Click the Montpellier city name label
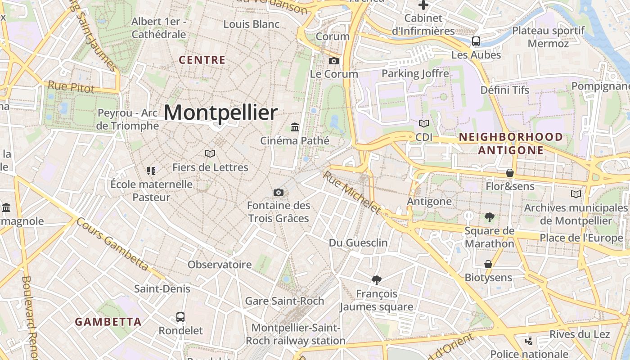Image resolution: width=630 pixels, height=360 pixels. (x=220, y=112)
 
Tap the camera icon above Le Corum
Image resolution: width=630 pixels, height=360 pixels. (x=333, y=61)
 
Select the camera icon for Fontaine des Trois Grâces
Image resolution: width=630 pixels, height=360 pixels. (x=279, y=193)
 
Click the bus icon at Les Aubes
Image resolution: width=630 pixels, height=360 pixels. (x=476, y=42)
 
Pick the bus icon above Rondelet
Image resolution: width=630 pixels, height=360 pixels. (x=180, y=317)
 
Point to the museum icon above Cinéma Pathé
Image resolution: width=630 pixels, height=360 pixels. (x=295, y=127)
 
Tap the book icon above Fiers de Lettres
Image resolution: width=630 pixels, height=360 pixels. (x=210, y=154)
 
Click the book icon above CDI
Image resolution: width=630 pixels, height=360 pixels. (x=423, y=123)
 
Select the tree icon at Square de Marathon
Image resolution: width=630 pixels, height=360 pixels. (x=489, y=218)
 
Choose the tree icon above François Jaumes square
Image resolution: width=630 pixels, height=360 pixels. (x=377, y=280)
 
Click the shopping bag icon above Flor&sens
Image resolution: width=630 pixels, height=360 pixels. (x=510, y=173)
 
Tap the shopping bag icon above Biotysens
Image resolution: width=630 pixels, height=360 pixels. (x=488, y=264)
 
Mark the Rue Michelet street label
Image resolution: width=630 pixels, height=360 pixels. (x=352, y=192)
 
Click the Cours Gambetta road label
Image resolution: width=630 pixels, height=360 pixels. (x=112, y=245)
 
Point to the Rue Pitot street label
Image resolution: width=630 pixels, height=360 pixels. (x=71, y=86)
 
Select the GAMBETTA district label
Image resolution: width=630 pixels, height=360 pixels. (x=108, y=322)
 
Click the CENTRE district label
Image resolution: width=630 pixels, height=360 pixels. (x=202, y=60)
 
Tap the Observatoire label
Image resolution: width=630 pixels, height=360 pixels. (x=220, y=265)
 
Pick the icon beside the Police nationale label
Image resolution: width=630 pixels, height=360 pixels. (x=530, y=341)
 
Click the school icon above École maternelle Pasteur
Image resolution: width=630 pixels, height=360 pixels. (x=151, y=171)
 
